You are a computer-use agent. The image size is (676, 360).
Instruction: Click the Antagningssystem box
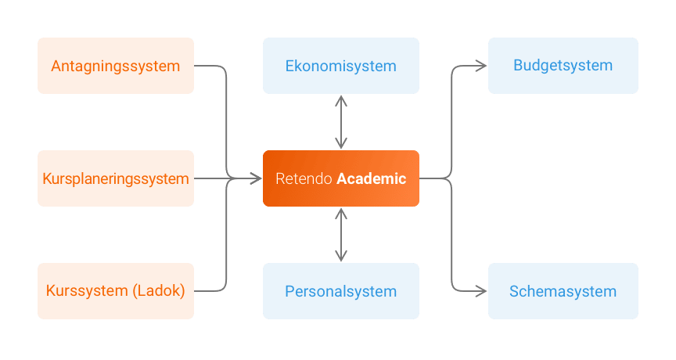(116, 66)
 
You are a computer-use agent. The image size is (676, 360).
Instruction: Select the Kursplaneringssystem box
(116, 178)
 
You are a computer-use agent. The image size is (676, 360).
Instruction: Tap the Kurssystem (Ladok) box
(116, 291)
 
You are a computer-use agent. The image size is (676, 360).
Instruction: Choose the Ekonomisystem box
(340, 66)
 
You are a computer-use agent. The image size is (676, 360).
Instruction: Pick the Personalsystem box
(340, 291)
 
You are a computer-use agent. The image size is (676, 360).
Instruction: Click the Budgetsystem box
(563, 66)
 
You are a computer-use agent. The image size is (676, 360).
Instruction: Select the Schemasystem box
(563, 291)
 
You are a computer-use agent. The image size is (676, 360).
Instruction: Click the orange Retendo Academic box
(340, 178)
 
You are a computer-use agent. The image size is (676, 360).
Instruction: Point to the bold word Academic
(372, 178)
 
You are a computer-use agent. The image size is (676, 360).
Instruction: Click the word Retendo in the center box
(304, 178)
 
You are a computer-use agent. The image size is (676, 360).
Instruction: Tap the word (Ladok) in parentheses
(159, 291)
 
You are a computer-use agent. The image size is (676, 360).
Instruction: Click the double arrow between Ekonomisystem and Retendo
(340, 122)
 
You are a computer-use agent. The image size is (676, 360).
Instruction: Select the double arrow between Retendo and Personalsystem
(340, 235)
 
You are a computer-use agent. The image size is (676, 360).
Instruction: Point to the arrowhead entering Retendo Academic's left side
(257, 178)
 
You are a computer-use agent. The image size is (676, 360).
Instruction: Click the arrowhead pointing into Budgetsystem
(483, 66)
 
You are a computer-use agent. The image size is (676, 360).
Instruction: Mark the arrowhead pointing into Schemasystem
(483, 291)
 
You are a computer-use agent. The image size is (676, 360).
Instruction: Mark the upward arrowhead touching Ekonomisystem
(340, 99)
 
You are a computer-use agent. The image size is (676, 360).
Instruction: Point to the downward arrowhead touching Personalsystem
(340, 257)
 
